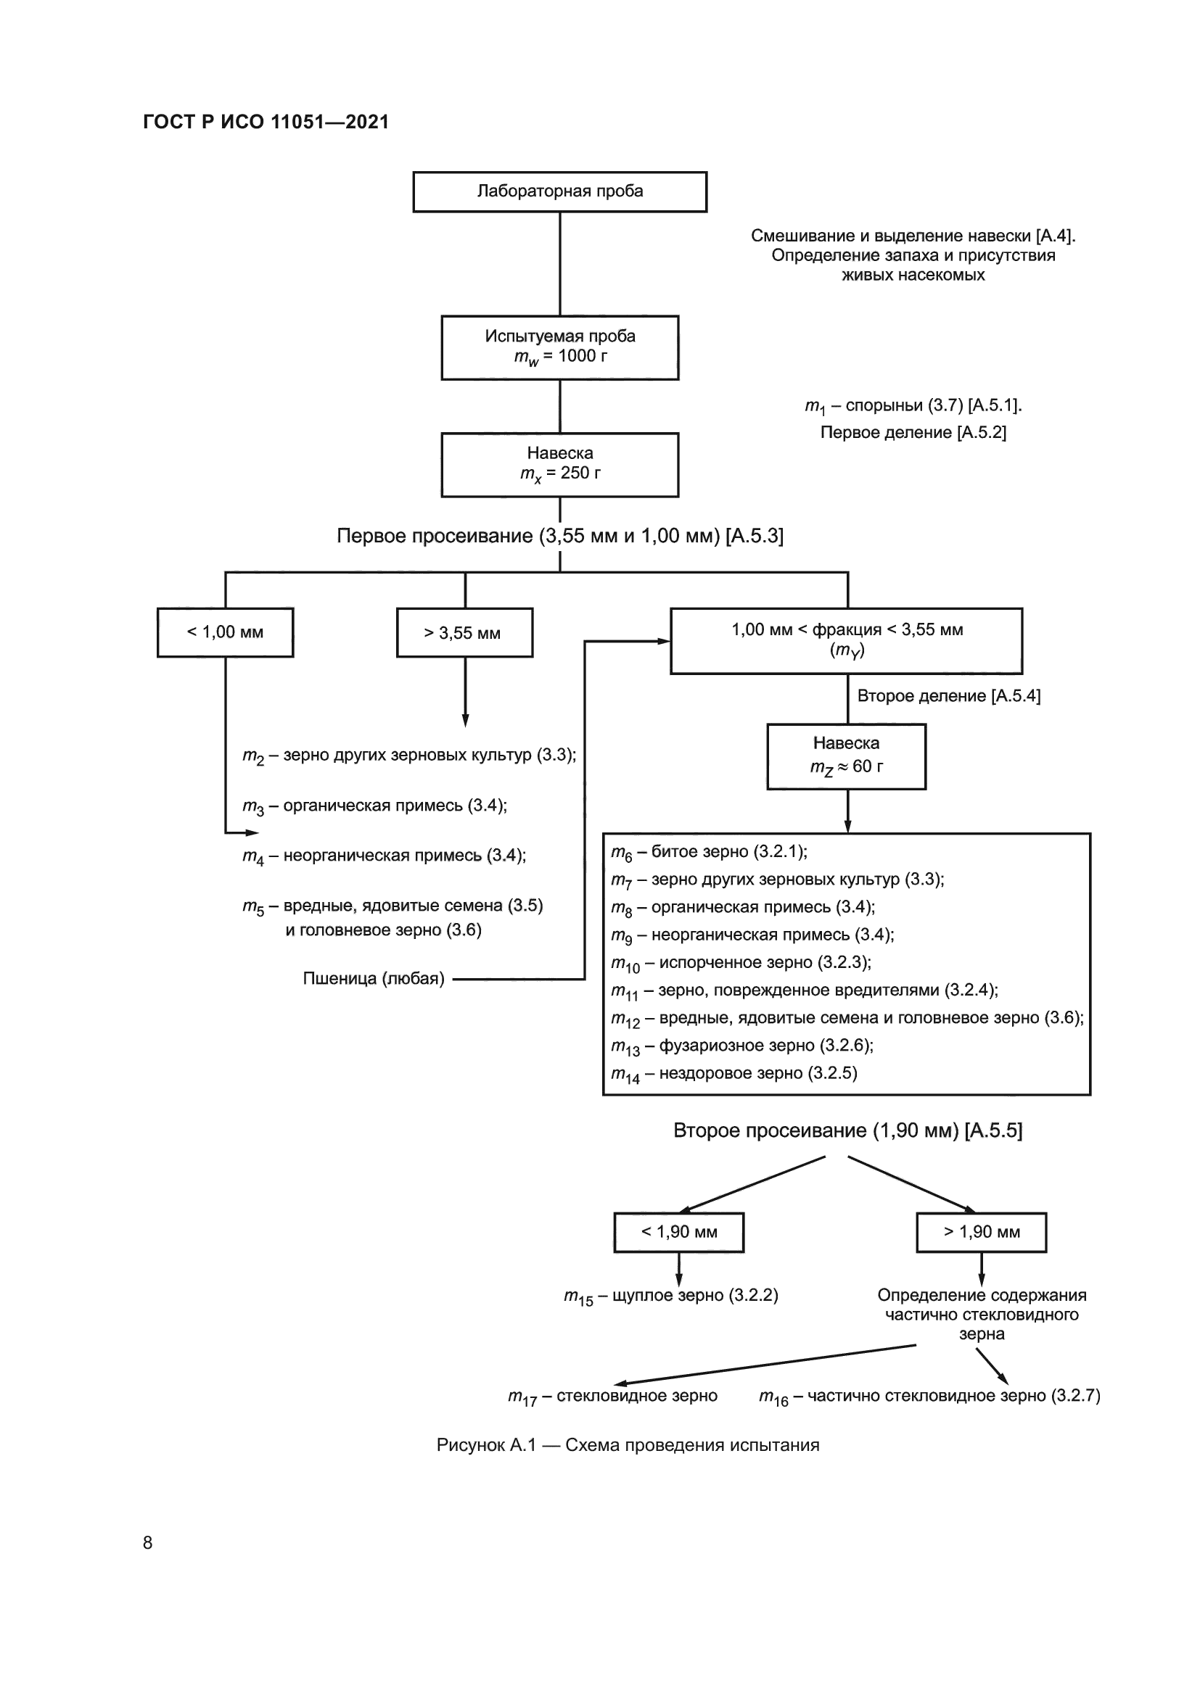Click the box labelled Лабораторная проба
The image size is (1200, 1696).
[x=559, y=191]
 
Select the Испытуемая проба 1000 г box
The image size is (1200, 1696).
[x=559, y=347]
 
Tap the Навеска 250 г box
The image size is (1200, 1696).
[x=559, y=464]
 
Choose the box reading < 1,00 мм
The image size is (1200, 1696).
[x=225, y=632]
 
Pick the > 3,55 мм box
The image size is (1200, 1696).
[x=464, y=632]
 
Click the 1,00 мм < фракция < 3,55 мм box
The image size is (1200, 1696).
[x=846, y=640]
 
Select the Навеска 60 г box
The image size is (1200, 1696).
[x=846, y=756]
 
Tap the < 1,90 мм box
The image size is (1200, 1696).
[x=678, y=1232]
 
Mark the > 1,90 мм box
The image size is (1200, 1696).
[x=981, y=1232]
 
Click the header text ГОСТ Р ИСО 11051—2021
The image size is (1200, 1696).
[x=266, y=122]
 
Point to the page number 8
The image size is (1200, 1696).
[x=148, y=1542]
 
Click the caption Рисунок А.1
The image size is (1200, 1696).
[x=628, y=1445]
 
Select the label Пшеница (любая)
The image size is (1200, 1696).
[x=373, y=979]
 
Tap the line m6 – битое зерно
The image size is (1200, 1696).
[x=709, y=853]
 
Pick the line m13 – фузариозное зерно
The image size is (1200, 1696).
[x=742, y=1046]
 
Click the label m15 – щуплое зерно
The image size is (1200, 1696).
[x=670, y=1296]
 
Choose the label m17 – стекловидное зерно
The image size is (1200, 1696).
[x=612, y=1396]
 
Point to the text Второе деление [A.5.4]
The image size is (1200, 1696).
[x=948, y=696]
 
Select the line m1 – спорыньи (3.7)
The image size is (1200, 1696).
[x=913, y=405]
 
